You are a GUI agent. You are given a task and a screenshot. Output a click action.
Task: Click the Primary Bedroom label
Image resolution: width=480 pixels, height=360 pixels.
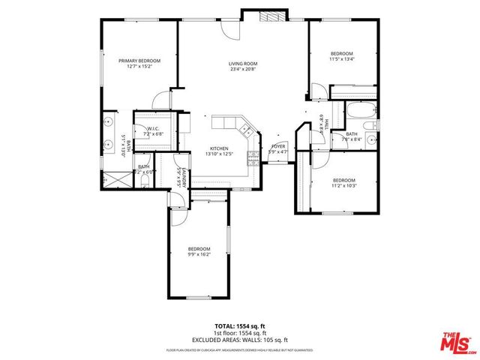pos(139,59)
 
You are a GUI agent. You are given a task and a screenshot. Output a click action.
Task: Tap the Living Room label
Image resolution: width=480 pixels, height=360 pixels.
pos(243,64)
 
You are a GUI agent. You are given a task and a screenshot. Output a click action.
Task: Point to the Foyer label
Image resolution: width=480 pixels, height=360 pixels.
pos(278,146)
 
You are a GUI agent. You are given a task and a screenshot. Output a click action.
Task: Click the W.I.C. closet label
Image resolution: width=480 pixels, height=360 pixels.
pos(152,128)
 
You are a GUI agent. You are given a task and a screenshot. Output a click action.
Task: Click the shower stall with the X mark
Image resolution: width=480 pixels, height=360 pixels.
pos(116,178)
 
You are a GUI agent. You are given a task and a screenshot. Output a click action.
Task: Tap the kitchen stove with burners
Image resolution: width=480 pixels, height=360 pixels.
pos(244,130)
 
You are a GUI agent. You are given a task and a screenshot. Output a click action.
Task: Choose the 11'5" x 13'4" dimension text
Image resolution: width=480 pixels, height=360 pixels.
pos(342,59)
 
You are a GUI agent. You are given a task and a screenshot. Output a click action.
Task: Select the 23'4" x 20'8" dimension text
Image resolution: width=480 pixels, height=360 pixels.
pos(243,69)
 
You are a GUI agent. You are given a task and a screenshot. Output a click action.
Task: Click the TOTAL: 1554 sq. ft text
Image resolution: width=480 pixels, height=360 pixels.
pos(240,326)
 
